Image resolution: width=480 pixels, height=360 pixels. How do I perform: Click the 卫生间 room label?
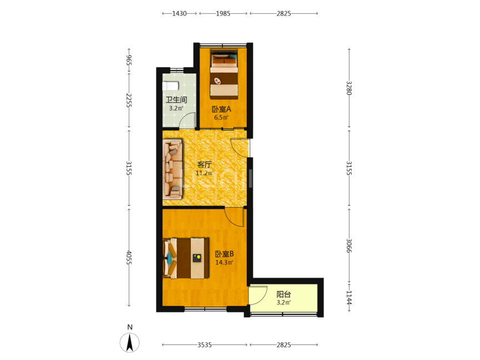tap(176, 100)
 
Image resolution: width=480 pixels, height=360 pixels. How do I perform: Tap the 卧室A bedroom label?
tap(221, 109)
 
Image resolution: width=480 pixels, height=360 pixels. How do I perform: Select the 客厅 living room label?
tap(204, 164)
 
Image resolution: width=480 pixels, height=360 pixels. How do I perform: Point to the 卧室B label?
tap(224, 254)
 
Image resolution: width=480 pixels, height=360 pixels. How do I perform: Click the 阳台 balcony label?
tap(283, 294)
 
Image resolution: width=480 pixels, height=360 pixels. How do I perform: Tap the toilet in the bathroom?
tap(170, 86)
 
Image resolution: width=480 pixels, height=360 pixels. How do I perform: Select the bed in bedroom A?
tap(224, 74)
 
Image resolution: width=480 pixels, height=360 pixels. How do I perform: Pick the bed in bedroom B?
tap(186, 258)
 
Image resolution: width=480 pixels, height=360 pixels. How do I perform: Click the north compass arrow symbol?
tap(129, 343)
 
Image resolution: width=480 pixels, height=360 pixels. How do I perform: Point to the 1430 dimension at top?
tap(179, 13)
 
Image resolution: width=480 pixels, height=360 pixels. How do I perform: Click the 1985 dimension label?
tap(223, 13)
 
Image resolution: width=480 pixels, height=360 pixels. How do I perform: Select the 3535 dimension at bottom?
tap(204, 345)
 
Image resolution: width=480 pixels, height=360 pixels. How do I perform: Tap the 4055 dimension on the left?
tap(129, 258)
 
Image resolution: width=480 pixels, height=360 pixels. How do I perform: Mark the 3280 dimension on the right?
tap(349, 88)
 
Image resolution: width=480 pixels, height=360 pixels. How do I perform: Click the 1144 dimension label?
tap(349, 298)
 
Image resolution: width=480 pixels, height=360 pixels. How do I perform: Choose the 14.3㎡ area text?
tap(224, 262)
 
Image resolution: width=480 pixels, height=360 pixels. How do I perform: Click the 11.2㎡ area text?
tap(204, 173)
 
